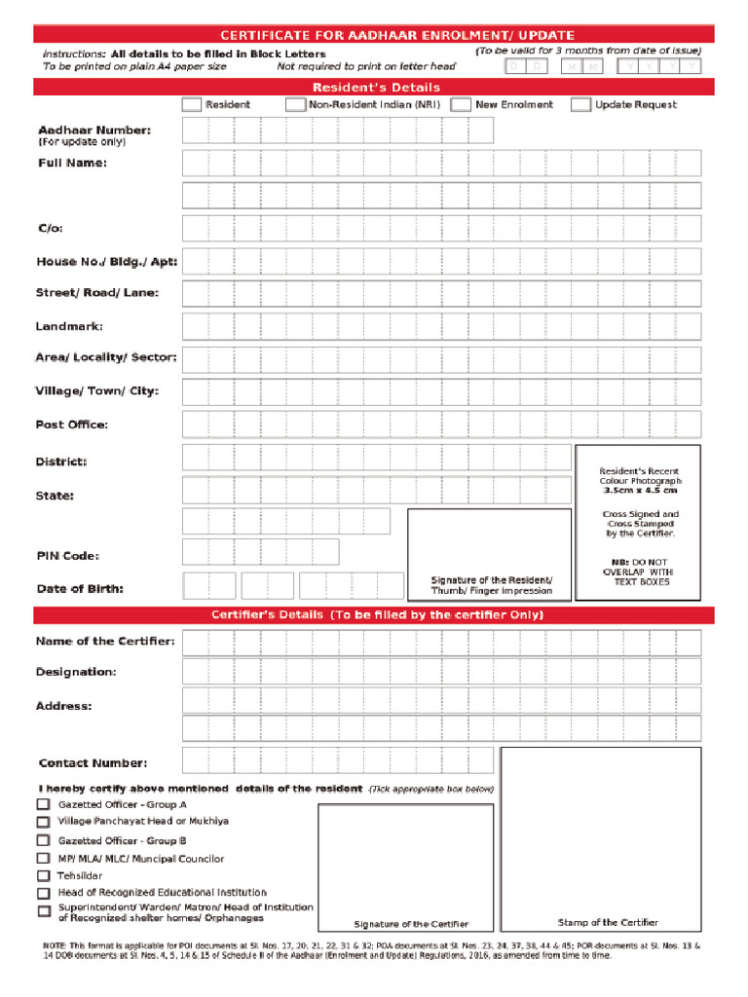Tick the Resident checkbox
(x=192, y=105)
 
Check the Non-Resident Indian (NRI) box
(x=295, y=105)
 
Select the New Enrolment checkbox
(x=462, y=105)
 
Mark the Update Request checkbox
(x=580, y=105)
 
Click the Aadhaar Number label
(x=93, y=129)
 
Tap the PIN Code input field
(x=261, y=553)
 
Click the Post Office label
(x=72, y=425)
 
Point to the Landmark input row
(x=440, y=326)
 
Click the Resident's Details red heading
(x=376, y=88)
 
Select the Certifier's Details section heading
(x=376, y=615)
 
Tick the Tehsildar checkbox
(x=44, y=875)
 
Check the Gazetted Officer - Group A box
(x=44, y=805)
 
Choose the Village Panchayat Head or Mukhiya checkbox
(x=44, y=822)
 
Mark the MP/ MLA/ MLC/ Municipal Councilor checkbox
(x=44, y=859)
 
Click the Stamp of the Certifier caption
(x=607, y=922)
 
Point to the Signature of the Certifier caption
(x=410, y=924)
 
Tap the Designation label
(x=76, y=672)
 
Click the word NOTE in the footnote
(x=55, y=945)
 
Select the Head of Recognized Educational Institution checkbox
(x=44, y=893)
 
